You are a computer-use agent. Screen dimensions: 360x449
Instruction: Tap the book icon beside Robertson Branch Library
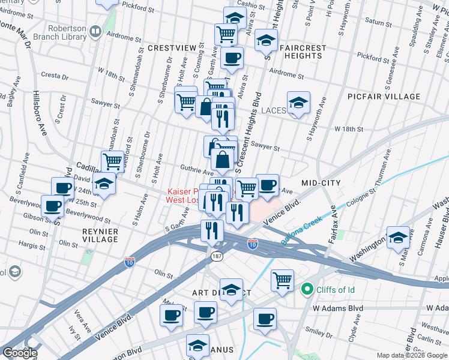(95, 31)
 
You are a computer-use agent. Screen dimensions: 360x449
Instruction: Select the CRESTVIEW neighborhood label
(172, 47)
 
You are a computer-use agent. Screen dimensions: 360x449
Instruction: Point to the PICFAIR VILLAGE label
(384, 97)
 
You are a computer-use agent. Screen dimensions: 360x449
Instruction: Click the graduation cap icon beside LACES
(298, 103)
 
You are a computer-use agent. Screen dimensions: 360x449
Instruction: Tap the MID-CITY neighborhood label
(321, 183)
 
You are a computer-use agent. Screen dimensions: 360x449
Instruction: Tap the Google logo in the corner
(20, 353)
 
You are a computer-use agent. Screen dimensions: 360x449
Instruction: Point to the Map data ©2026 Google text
(412, 355)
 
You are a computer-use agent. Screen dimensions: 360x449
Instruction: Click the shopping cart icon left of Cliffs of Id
(282, 280)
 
